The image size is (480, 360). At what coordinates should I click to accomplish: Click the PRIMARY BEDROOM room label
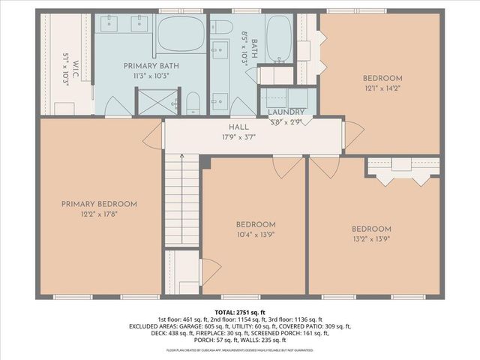pos(99,204)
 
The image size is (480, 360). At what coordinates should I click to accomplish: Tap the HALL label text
pos(239,127)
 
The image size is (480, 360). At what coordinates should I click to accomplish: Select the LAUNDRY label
pos(286,112)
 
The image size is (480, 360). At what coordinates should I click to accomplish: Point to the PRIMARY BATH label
pos(151,66)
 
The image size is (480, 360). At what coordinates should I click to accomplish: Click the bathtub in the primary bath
pos(180,34)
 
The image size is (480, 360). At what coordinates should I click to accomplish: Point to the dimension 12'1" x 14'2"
pos(382,88)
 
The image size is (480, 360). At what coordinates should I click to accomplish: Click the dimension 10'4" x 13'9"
pos(256,235)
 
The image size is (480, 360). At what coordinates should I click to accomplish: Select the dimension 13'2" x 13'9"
pos(371,239)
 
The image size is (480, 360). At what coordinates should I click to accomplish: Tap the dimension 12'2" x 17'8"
pos(99,214)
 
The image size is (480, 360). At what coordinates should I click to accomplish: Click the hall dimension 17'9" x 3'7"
pos(239,137)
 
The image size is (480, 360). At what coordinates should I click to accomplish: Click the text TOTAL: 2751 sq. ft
pos(239,311)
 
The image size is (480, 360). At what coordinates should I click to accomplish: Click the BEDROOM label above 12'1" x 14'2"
pos(382,78)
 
